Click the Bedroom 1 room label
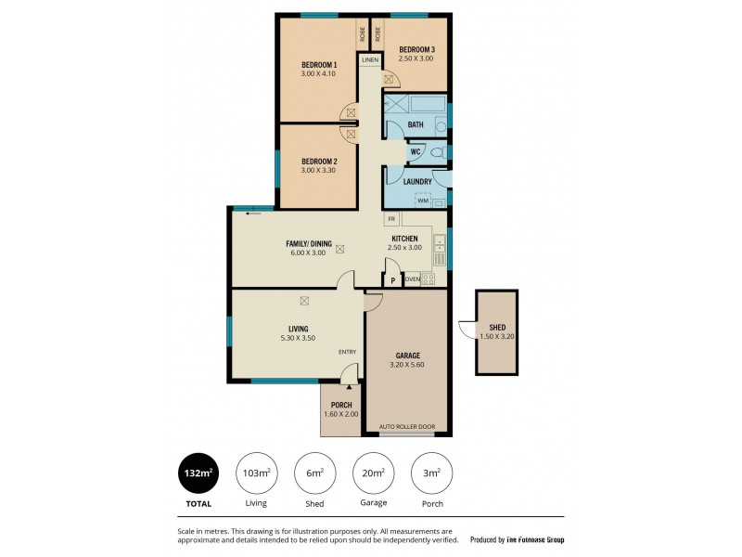(x=318, y=65)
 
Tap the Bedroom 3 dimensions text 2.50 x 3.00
(x=416, y=58)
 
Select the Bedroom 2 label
(x=318, y=162)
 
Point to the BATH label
(x=416, y=124)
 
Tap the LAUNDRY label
(x=417, y=182)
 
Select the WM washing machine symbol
(x=422, y=201)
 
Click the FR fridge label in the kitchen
(x=392, y=219)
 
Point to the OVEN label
(x=412, y=278)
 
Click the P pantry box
(x=392, y=278)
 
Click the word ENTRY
(x=347, y=351)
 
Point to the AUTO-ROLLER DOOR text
(x=406, y=427)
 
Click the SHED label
(x=498, y=327)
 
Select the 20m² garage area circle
(x=373, y=473)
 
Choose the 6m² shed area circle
(x=314, y=473)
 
